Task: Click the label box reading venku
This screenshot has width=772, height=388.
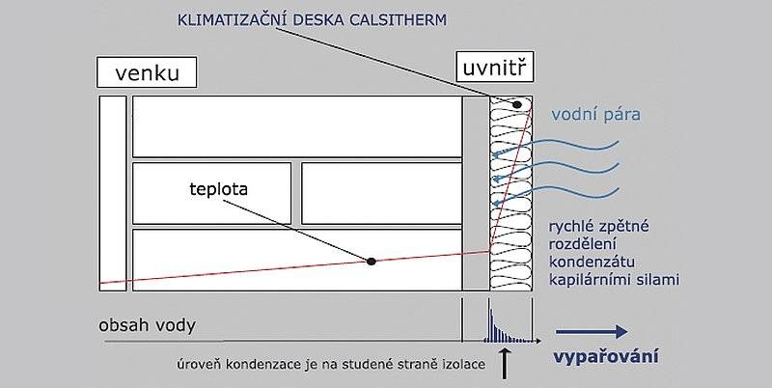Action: [x=147, y=72]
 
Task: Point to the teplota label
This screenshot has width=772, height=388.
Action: [x=218, y=189]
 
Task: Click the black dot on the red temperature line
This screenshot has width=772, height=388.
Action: [x=372, y=262]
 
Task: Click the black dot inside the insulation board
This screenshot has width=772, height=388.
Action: [x=517, y=104]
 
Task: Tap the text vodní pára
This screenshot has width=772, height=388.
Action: [x=595, y=115]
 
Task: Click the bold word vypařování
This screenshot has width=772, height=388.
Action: [x=605, y=356]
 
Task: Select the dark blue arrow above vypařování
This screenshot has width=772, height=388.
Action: [x=592, y=332]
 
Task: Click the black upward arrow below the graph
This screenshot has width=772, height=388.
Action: [x=504, y=363]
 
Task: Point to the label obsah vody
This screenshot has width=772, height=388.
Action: [x=148, y=325]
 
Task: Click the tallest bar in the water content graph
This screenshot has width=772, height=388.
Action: [x=490, y=319]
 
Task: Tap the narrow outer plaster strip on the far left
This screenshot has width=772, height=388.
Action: [x=113, y=193]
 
